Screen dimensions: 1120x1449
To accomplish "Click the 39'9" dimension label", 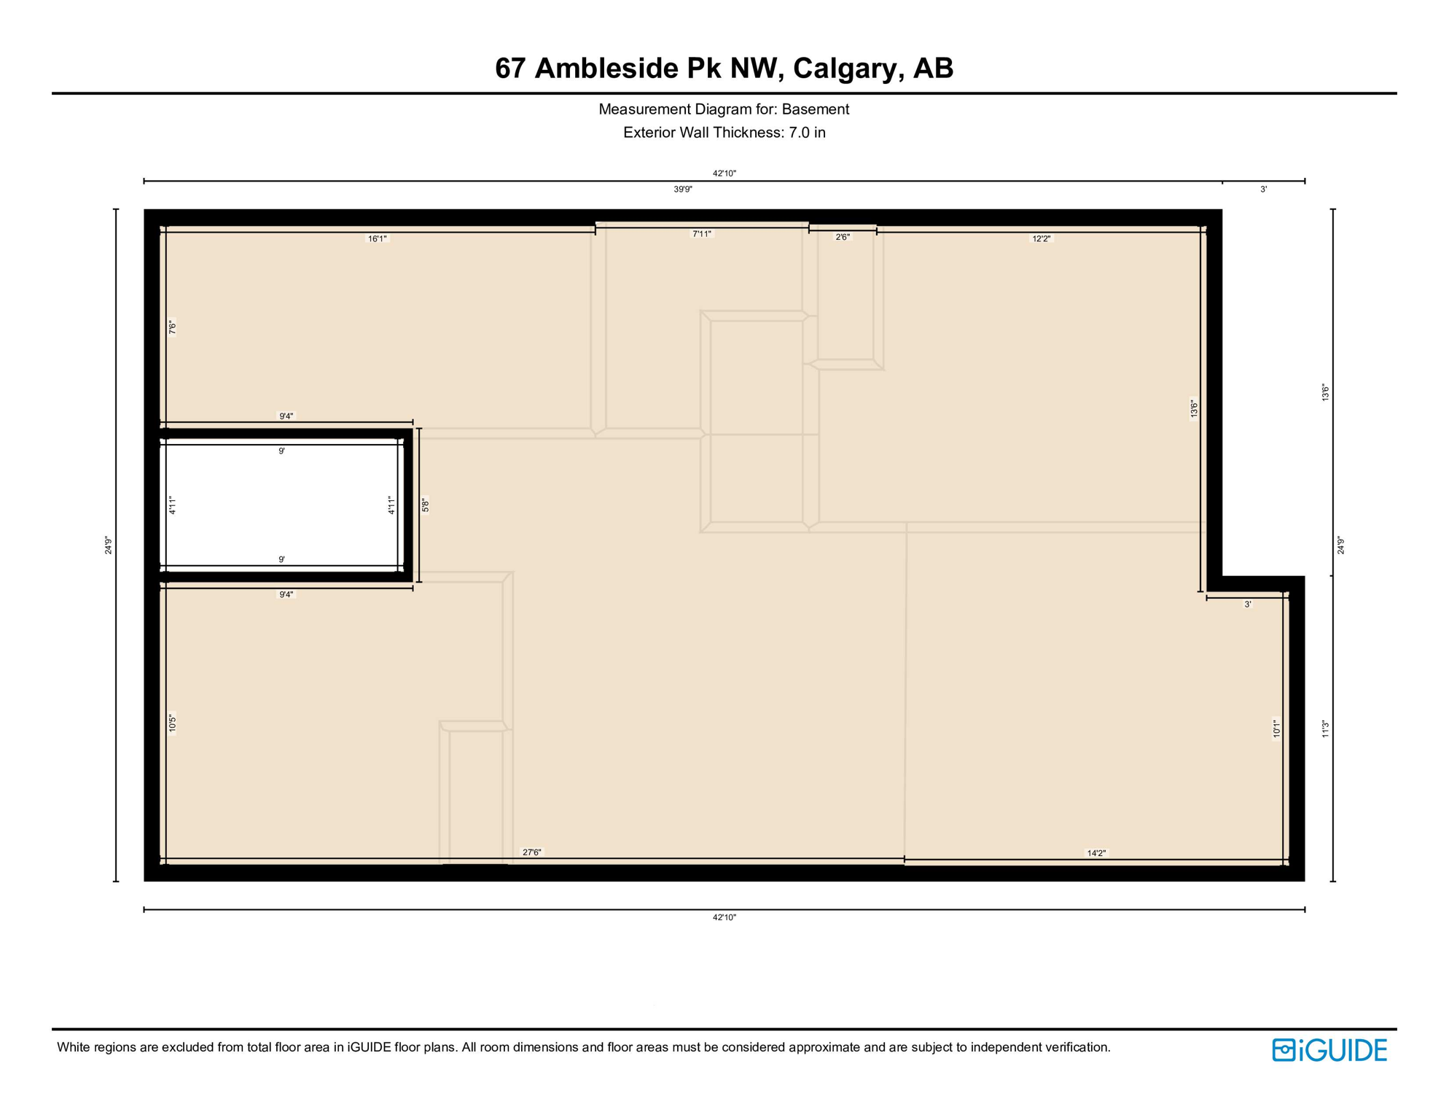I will pyautogui.click(x=682, y=190).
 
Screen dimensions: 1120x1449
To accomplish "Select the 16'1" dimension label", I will pyautogui.click(x=377, y=238).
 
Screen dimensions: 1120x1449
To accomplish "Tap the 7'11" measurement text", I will pyautogui.click(x=701, y=234).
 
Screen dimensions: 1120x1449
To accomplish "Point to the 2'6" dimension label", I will pyautogui.click(x=843, y=237).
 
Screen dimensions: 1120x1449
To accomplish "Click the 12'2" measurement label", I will pyautogui.click(x=1042, y=238).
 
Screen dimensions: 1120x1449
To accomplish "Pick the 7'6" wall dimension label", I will pyautogui.click(x=173, y=328).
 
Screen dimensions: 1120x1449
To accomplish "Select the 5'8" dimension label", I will pyautogui.click(x=426, y=505).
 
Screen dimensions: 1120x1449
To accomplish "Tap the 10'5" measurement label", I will pyautogui.click(x=173, y=723).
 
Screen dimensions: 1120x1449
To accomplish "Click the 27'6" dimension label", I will pyautogui.click(x=532, y=852).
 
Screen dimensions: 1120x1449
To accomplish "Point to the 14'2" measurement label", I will pyautogui.click(x=1096, y=853).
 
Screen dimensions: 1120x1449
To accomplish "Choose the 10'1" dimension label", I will pyautogui.click(x=1276, y=729).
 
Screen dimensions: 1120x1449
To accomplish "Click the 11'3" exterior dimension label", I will pyautogui.click(x=1326, y=729).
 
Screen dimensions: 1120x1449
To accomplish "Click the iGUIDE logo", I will pyautogui.click(x=1329, y=1050).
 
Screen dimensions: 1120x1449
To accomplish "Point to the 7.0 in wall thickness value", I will pyautogui.click(x=807, y=133).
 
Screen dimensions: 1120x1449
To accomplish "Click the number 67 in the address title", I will pyautogui.click(x=510, y=69).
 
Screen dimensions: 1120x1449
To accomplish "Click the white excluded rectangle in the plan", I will pyautogui.click(x=281, y=505).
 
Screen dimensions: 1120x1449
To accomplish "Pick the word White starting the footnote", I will pyautogui.click(x=74, y=1048).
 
